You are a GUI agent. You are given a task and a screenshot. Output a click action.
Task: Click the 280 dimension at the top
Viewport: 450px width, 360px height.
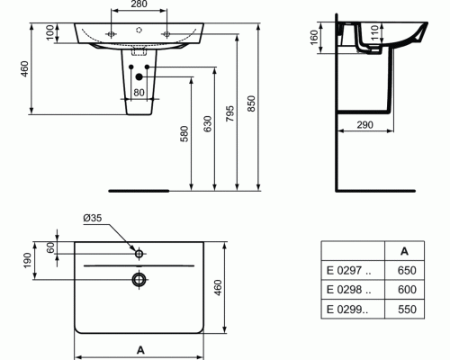(139, 4)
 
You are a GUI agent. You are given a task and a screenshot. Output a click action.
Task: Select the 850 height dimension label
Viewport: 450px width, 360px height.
(251, 103)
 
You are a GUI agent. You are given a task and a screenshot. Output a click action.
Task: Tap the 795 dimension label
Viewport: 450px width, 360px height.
(229, 113)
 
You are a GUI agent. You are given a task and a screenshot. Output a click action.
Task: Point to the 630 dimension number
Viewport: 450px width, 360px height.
(207, 124)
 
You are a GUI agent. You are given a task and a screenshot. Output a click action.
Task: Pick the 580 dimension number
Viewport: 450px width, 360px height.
(184, 134)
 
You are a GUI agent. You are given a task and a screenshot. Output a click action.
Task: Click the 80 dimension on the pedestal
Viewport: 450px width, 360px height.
(139, 93)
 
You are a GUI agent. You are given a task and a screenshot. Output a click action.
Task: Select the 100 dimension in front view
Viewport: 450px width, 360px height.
(50, 32)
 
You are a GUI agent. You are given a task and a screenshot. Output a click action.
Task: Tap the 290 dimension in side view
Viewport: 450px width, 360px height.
(364, 124)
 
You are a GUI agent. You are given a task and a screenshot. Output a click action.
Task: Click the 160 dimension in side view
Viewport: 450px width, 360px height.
(313, 38)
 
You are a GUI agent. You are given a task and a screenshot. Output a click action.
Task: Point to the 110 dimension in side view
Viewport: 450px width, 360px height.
(374, 33)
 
